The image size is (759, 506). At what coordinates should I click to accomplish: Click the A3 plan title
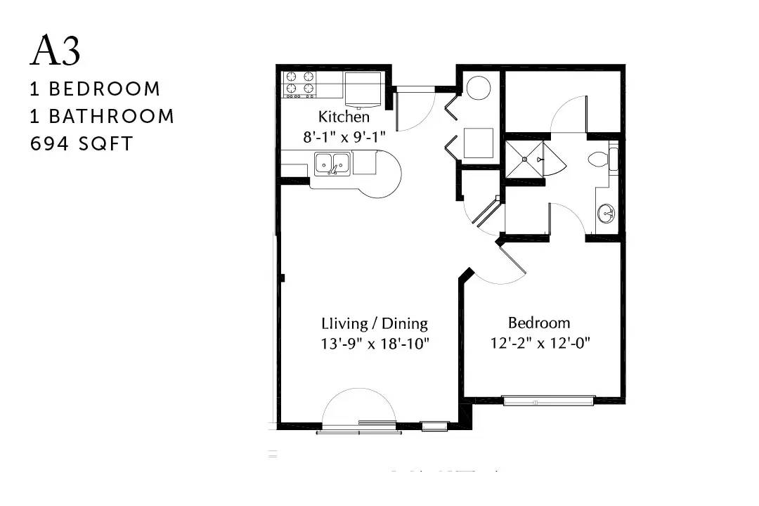click(56, 50)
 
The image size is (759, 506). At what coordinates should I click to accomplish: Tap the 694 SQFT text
click(82, 144)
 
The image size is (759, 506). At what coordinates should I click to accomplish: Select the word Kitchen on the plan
click(344, 117)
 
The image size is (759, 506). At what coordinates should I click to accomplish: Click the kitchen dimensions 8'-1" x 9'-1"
click(344, 137)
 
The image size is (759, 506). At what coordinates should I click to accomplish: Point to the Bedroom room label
click(539, 323)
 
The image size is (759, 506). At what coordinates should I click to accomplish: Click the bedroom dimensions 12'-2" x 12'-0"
click(540, 343)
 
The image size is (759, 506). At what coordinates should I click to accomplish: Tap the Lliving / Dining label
click(375, 323)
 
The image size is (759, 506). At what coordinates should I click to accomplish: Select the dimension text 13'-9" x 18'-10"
click(375, 344)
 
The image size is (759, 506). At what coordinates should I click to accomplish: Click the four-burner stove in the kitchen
click(299, 84)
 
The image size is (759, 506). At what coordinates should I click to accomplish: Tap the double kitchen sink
click(332, 164)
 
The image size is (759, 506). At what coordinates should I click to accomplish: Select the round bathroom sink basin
click(606, 214)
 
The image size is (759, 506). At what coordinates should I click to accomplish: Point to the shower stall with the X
click(524, 159)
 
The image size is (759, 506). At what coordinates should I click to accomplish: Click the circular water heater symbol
click(479, 88)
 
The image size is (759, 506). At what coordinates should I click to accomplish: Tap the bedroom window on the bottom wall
click(549, 401)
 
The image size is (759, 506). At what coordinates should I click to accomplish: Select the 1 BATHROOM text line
click(102, 116)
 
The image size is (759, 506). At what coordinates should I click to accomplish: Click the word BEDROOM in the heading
click(105, 89)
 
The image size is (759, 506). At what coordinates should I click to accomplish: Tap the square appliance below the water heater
click(479, 143)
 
